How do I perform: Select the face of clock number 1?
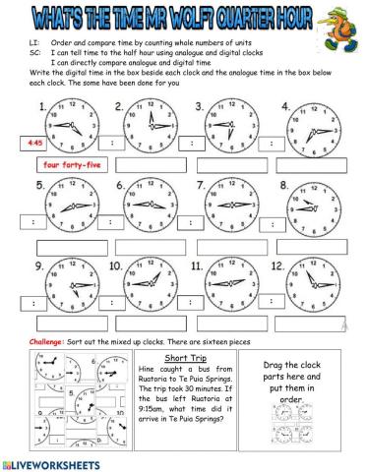point(66,125)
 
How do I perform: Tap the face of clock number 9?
point(66,283)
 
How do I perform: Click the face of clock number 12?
point(309,283)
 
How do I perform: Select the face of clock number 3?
point(226,124)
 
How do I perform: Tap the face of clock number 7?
point(226,205)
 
